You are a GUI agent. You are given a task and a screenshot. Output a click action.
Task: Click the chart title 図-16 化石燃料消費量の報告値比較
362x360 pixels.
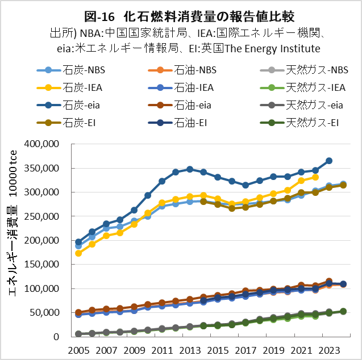[181, 11]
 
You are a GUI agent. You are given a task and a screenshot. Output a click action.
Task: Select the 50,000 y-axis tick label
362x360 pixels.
[54, 313]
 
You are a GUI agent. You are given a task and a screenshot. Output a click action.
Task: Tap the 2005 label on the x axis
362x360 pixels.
[78, 349]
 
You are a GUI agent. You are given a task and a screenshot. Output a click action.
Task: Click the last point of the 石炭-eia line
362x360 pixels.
[329, 161]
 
